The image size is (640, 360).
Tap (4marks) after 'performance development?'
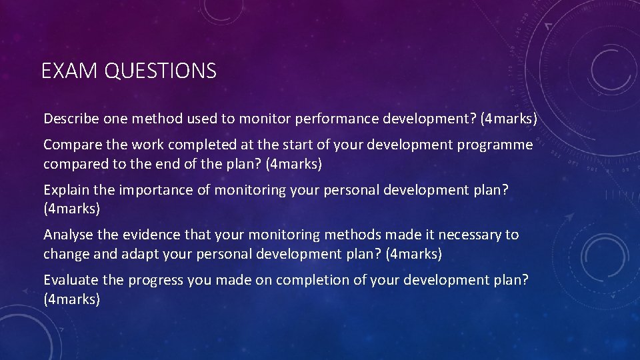point(509,119)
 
